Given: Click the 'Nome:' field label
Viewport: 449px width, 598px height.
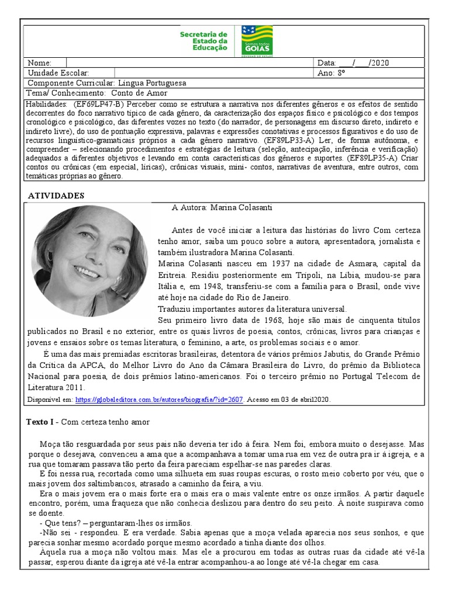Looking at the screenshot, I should coord(39,63).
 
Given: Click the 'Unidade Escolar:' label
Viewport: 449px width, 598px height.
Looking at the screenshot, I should coord(58,73).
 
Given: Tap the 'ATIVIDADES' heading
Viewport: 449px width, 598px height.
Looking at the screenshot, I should coord(56,196).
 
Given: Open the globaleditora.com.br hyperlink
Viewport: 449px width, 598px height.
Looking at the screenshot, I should coord(159,399).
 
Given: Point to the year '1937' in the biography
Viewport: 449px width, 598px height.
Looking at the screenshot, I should coord(250,263).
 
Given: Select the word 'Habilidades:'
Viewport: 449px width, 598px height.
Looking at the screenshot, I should coord(46,103).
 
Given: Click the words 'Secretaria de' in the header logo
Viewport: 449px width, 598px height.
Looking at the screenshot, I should coord(203,34).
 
